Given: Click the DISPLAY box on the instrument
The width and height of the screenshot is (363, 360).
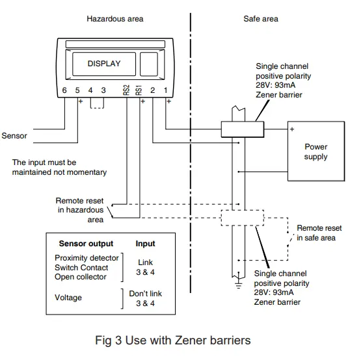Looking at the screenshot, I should pyautogui.click(x=103, y=64).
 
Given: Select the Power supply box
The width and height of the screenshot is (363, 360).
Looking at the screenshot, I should pyautogui.click(x=316, y=152).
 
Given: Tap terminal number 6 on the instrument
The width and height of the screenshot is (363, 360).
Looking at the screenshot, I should pyautogui.click(x=64, y=90).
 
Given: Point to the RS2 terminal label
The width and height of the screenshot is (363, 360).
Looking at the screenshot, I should pyautogui.click(x=126, y=90).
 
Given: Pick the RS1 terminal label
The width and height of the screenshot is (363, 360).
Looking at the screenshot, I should pyautogui.click(x=139, y=90).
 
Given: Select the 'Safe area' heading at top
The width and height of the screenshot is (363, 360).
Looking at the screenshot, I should pyautogui.click(x=261, y=19).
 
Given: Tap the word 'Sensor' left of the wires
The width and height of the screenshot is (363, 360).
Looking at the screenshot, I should pyautogui.click(x=14, y=136).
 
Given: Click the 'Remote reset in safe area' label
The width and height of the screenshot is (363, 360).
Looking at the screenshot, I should pyautogui.click(x=319, y=233).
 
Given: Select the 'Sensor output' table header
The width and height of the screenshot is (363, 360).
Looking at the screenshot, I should pyautogui.click(x=86, y=244).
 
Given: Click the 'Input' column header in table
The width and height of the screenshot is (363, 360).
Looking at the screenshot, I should pyautogui.click(x=145, y=244).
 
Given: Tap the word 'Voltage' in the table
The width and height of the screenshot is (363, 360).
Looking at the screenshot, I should pyautogui.click(x=68, y=298).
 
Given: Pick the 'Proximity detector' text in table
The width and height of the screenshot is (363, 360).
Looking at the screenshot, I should pyautogui.click(x=87, y=258).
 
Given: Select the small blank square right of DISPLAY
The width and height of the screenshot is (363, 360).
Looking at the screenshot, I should pyautogui.click(x=149, y=64).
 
